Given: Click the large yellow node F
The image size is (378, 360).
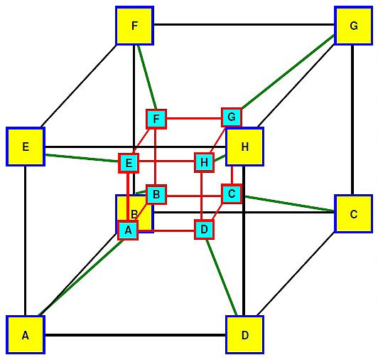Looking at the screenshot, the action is (134, 26).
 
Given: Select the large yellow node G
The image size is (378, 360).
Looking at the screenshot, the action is (353, 26).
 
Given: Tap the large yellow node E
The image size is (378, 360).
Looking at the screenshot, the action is (26, 147).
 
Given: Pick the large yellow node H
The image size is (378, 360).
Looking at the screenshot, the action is (244, 147).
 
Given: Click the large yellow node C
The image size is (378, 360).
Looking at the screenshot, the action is (353, 214).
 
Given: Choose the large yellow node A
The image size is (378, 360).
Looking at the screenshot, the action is (26, 334).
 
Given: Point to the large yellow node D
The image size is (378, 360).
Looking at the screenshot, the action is (244, 334).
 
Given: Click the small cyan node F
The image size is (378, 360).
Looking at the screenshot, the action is (156, 119).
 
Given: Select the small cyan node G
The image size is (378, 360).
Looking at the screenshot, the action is (232, 117).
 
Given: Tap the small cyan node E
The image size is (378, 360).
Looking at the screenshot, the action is (129, 163).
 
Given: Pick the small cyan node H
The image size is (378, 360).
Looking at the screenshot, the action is (204, 162).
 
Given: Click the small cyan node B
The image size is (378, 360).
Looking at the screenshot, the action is (156, 194).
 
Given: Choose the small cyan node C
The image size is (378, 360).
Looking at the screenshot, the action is (232, 194).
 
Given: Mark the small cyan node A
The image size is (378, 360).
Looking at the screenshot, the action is (128, 230).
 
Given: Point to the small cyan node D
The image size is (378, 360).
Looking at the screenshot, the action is (204, 229).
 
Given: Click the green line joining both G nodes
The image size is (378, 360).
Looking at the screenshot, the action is (288, 72).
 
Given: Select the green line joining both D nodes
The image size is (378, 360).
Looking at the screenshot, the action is (221, 277).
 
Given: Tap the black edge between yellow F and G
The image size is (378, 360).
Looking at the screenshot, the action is (244, 24).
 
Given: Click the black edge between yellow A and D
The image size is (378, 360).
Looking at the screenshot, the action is (135, 335).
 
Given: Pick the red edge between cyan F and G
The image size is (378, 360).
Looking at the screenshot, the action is (194, 118).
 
